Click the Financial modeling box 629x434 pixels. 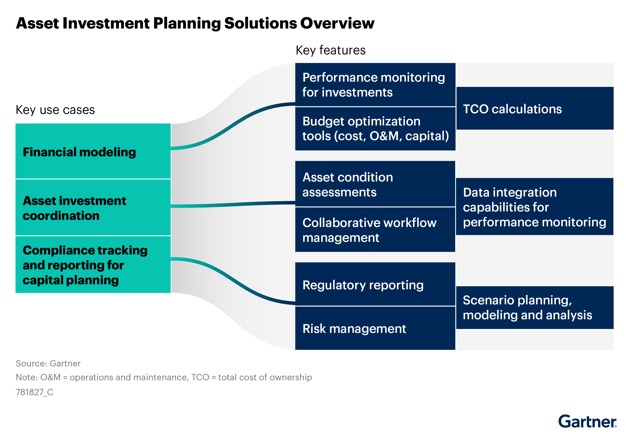[93, 151]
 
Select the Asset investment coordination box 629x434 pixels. [93, 207]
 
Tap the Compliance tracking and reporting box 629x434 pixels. [93, 265]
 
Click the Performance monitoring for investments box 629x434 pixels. [375, 85]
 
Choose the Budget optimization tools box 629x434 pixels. [375, 129]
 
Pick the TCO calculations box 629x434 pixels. [534, 108]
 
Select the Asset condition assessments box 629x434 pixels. [375, 184]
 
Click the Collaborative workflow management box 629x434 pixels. [375, 230]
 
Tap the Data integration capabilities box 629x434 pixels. [534, 207]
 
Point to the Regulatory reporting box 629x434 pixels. [375, 284]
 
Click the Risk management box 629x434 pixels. [375, 328]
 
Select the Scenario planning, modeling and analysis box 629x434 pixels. [534, 308]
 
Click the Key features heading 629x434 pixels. [330, 50]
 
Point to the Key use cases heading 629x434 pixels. [55, 110]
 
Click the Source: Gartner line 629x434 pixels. [48, 364]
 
